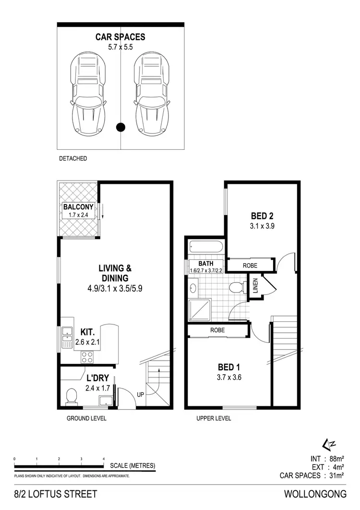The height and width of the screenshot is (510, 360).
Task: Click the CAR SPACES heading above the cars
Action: pyautogui.click(x=120, y=37)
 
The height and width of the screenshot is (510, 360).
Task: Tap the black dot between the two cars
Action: pyautogui.click(x=121, y=127)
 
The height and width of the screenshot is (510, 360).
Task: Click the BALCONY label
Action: pyautogui.click(x=78, y=207)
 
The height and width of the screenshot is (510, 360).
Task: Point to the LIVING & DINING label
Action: pyautogui.click(x=113, y=273)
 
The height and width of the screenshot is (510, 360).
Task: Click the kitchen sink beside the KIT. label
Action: pyautogui.click(x=67, y=336)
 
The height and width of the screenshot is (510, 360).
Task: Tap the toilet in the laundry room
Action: pyautogui.click(x=71, y=395)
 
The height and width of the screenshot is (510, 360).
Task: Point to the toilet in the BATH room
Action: pyautogui.click(x=236, y=288)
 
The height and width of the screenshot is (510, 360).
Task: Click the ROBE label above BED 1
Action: pyautogui.click(x=217, y=330)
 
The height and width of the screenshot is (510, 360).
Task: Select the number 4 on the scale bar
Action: pyautogui.click(x=104, y=460)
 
